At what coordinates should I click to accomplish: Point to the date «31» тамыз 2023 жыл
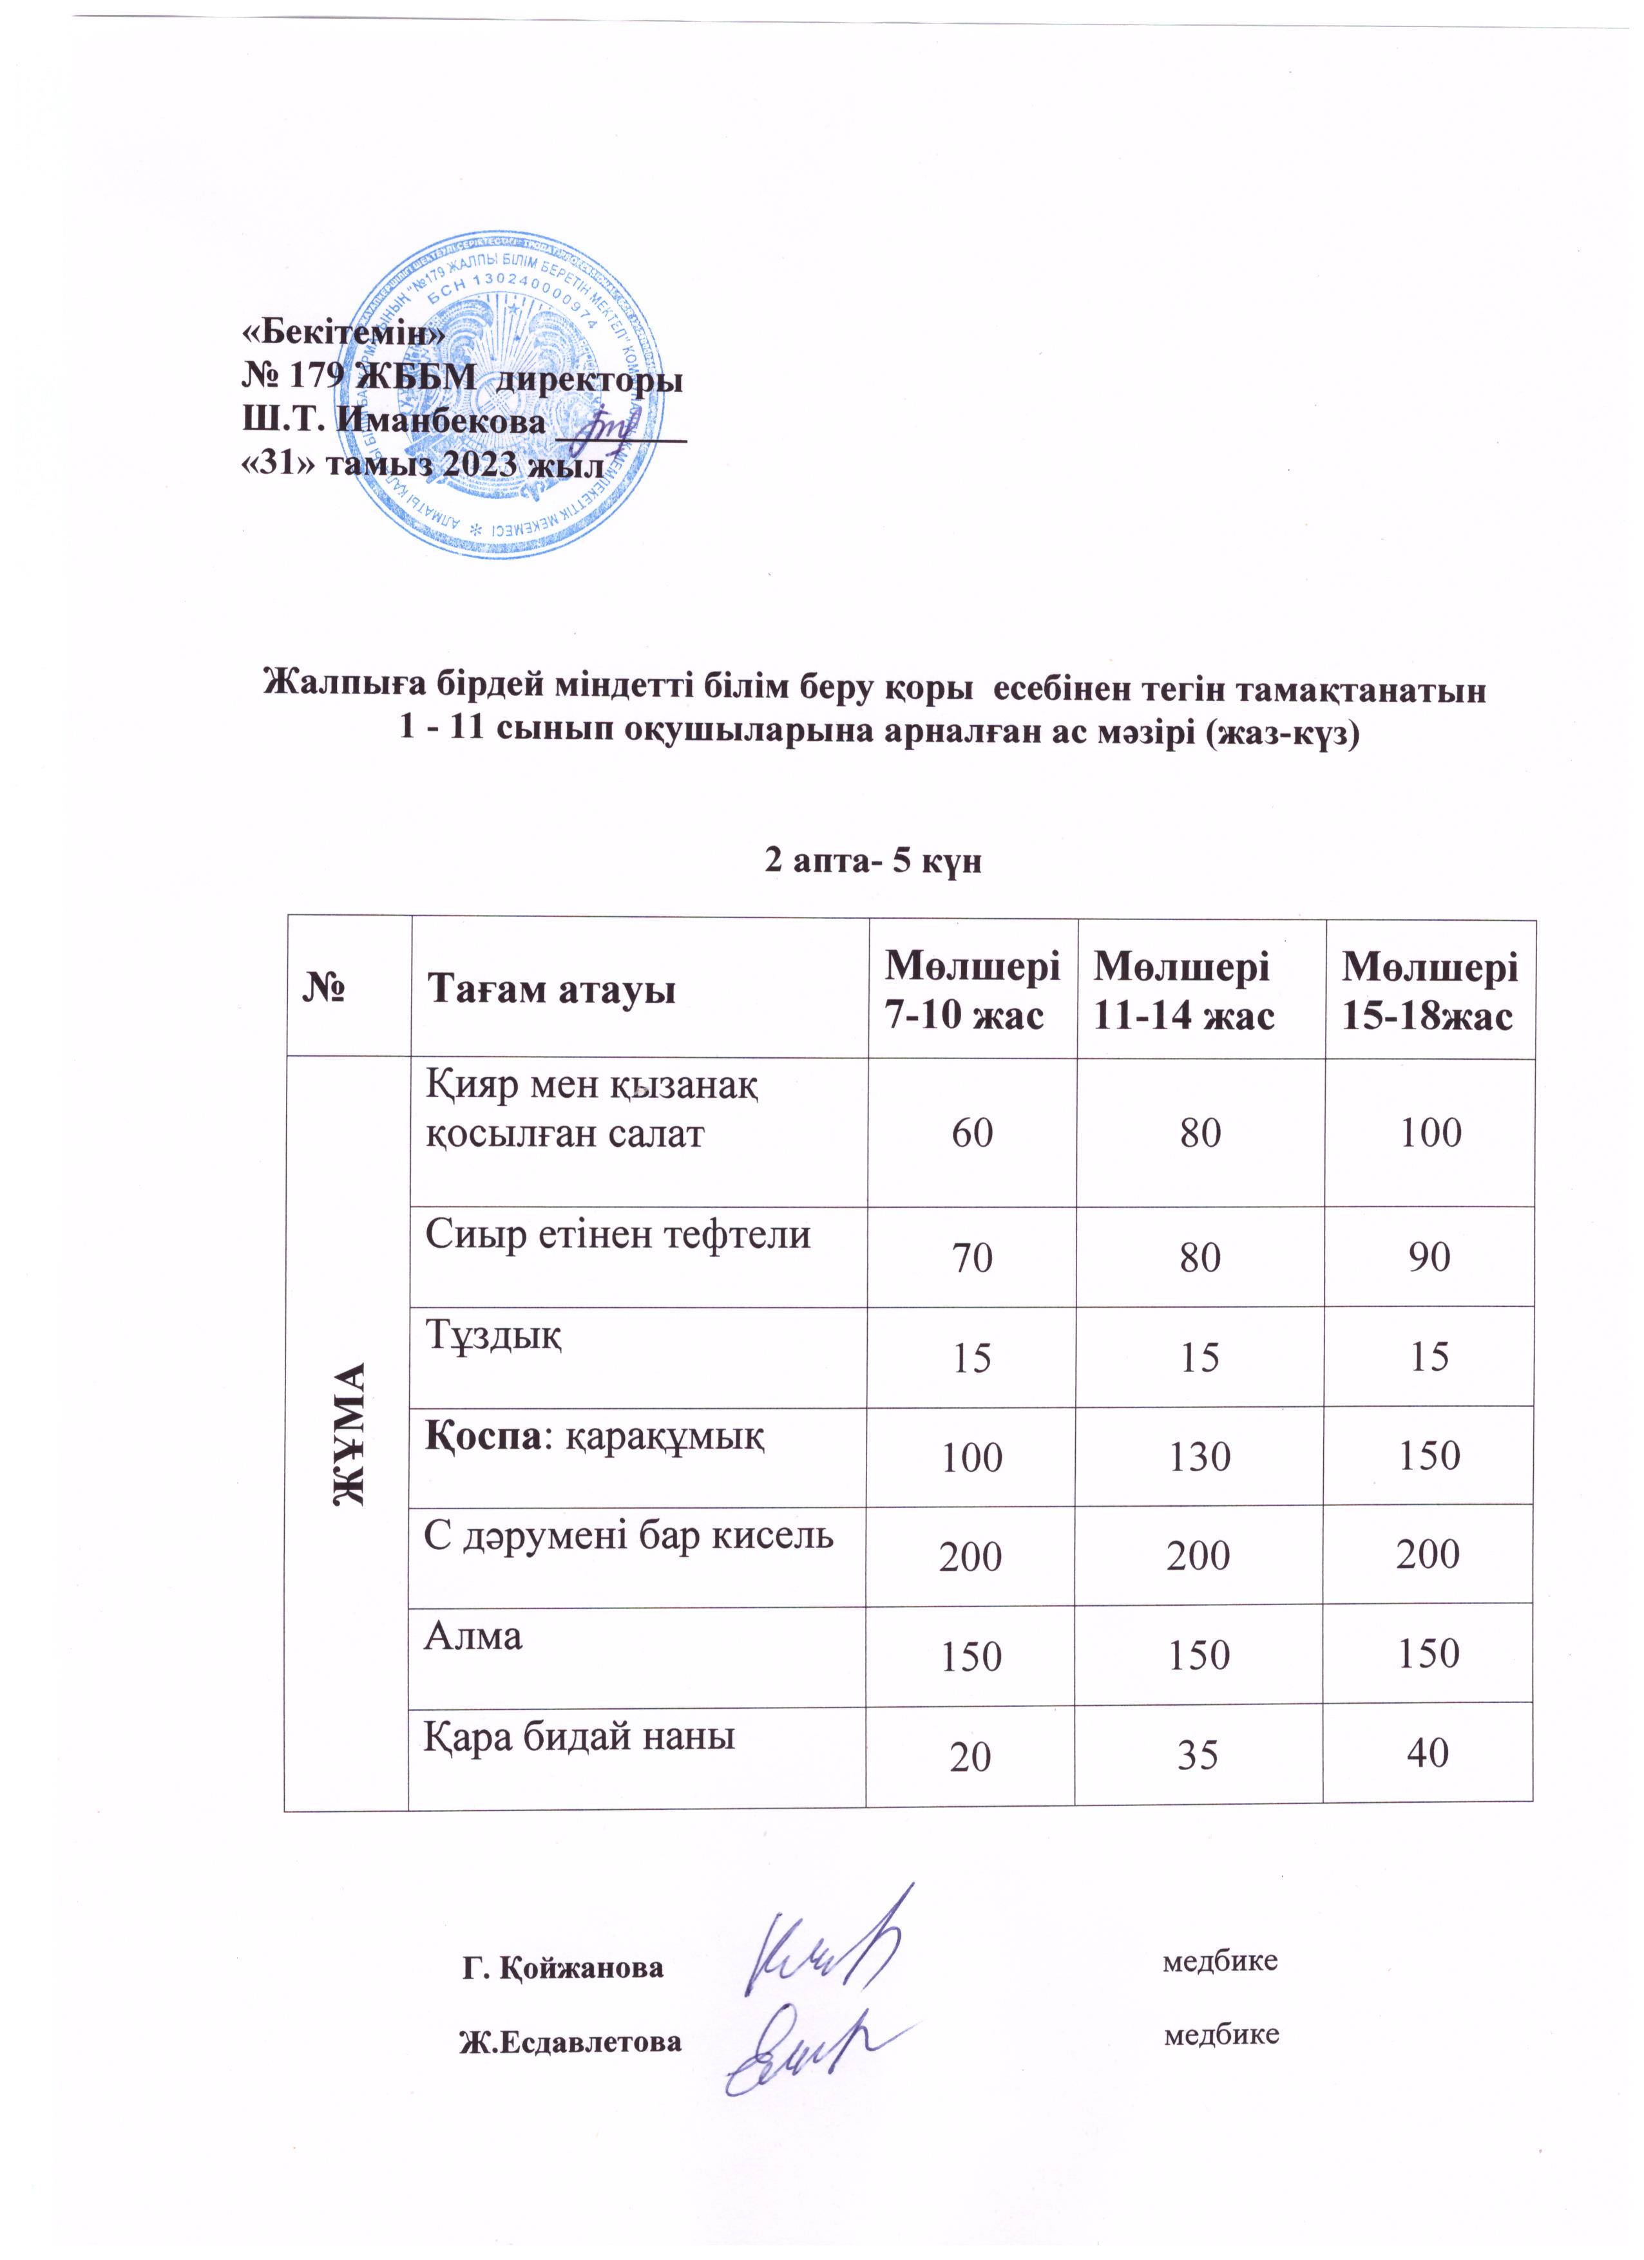click(x=425, y=466)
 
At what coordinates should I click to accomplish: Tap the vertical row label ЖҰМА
click(x=349, y=1433)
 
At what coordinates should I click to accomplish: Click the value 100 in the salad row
click(x=1431, y=1133)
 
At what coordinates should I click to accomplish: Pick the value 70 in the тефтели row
click(x=972, y=1259)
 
